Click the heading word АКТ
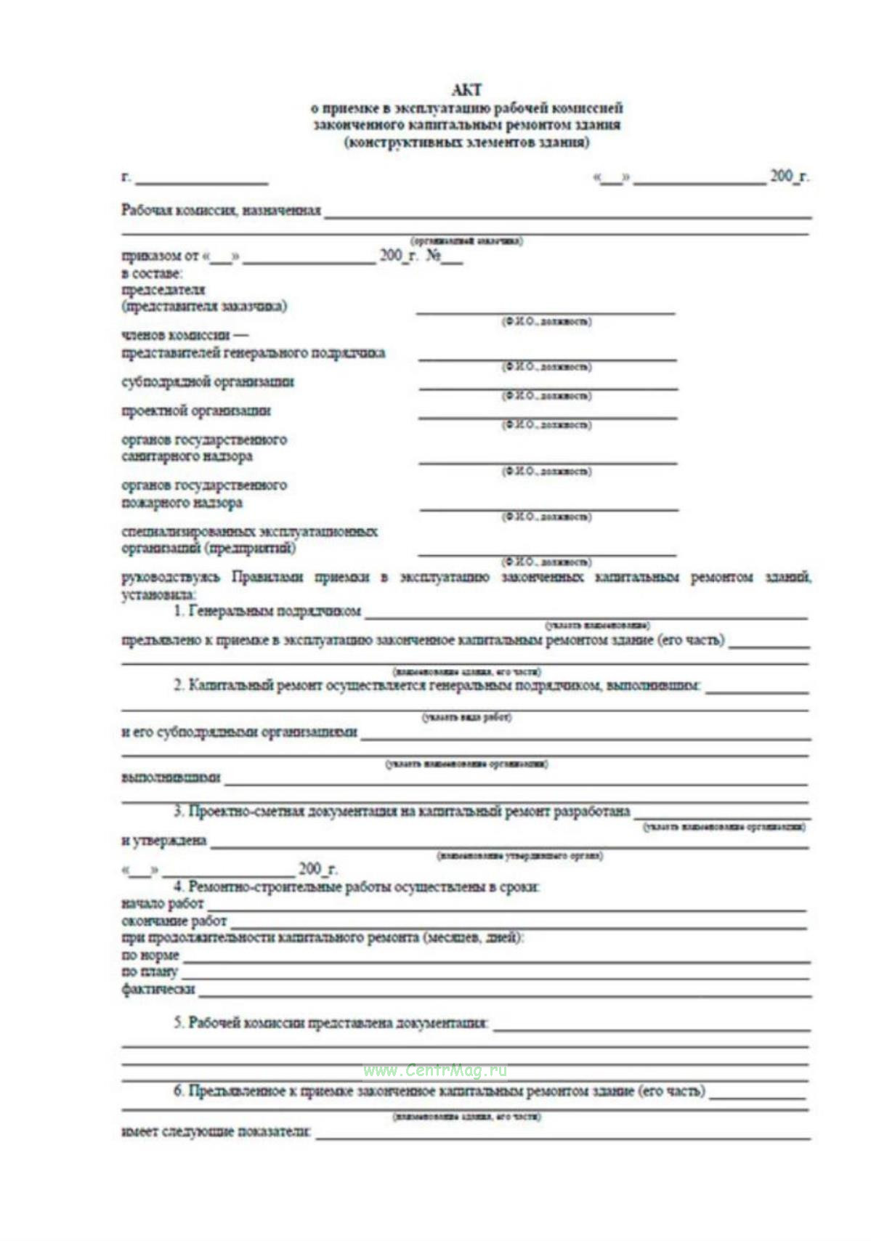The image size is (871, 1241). [x=466, y=90]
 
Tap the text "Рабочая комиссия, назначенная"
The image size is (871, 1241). [x=221, y=211]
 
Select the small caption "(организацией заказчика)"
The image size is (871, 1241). [x=466, y=240]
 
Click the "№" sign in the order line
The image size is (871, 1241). [x=433, y=256]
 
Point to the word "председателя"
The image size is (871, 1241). [x=163, y=290]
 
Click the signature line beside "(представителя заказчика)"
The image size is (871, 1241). [x=545, y=312]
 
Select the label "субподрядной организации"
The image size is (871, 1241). [x=208, y=382]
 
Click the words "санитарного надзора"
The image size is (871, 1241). [x=187, y=457]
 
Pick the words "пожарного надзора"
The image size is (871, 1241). [x=182, y=503]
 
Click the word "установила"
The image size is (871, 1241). [x=153, y=595]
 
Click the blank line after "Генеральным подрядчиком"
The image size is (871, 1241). [x=585, y=617]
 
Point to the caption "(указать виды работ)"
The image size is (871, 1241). [x=466, y=718]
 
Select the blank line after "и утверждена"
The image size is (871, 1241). [x=509, y=846]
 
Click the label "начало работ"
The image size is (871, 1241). [x=163, y=905]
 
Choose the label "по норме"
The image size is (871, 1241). [x=150, y=955]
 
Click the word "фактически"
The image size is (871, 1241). [x=158, y=990]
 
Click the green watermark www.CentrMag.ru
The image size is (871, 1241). [x=435, y=1071]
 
